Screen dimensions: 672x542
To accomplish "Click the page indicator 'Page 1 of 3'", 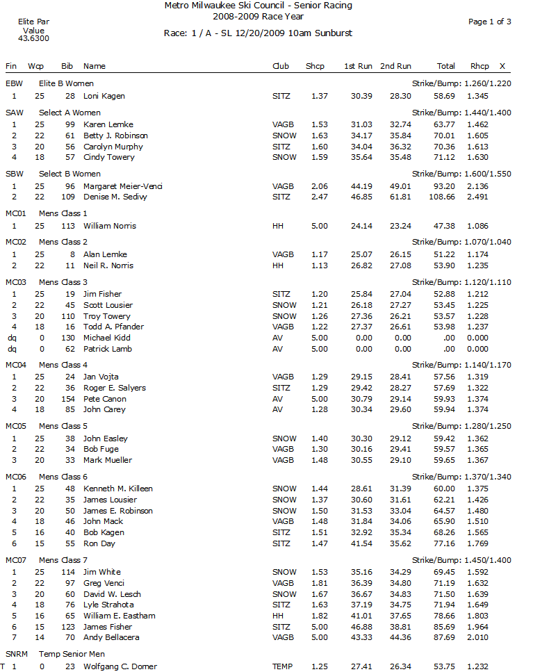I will (x=489, y=22).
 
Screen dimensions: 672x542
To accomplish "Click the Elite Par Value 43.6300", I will (x=33, y=39).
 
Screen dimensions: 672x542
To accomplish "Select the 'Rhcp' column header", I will (x=479, y=66).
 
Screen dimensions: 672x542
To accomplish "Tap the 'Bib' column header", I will (x=67, y=66).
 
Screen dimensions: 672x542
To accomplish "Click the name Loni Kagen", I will (x=104, y=96).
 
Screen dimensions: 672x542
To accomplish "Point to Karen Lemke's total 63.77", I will (x=445, y=124).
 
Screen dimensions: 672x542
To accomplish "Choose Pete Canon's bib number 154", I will (x=68, y=399).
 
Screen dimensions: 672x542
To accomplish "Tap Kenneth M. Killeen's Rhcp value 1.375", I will (x=477, y=489).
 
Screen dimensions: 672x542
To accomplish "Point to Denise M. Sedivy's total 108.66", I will (x=442, y=197).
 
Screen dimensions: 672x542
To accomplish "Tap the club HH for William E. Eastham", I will (x=277, y=616).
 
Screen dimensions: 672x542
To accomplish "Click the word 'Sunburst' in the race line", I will (x=331, y=33).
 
